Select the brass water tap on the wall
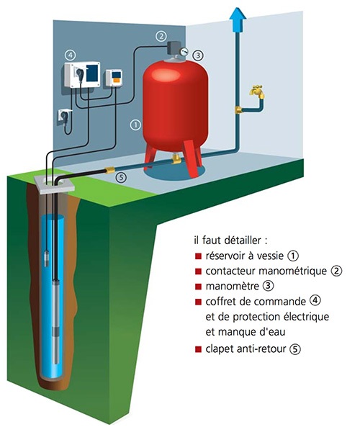258,91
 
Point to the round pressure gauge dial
184,51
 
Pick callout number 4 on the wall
71,55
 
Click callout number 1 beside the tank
135,125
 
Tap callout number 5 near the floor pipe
121,177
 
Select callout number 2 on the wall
161,36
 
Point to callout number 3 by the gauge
198,55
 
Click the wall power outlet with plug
64,116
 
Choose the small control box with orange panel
114,78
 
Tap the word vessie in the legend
268,256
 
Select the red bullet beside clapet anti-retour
198,349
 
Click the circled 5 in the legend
295,349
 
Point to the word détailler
243,241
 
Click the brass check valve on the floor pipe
110,171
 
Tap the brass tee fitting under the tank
176,158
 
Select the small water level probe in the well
47,258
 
